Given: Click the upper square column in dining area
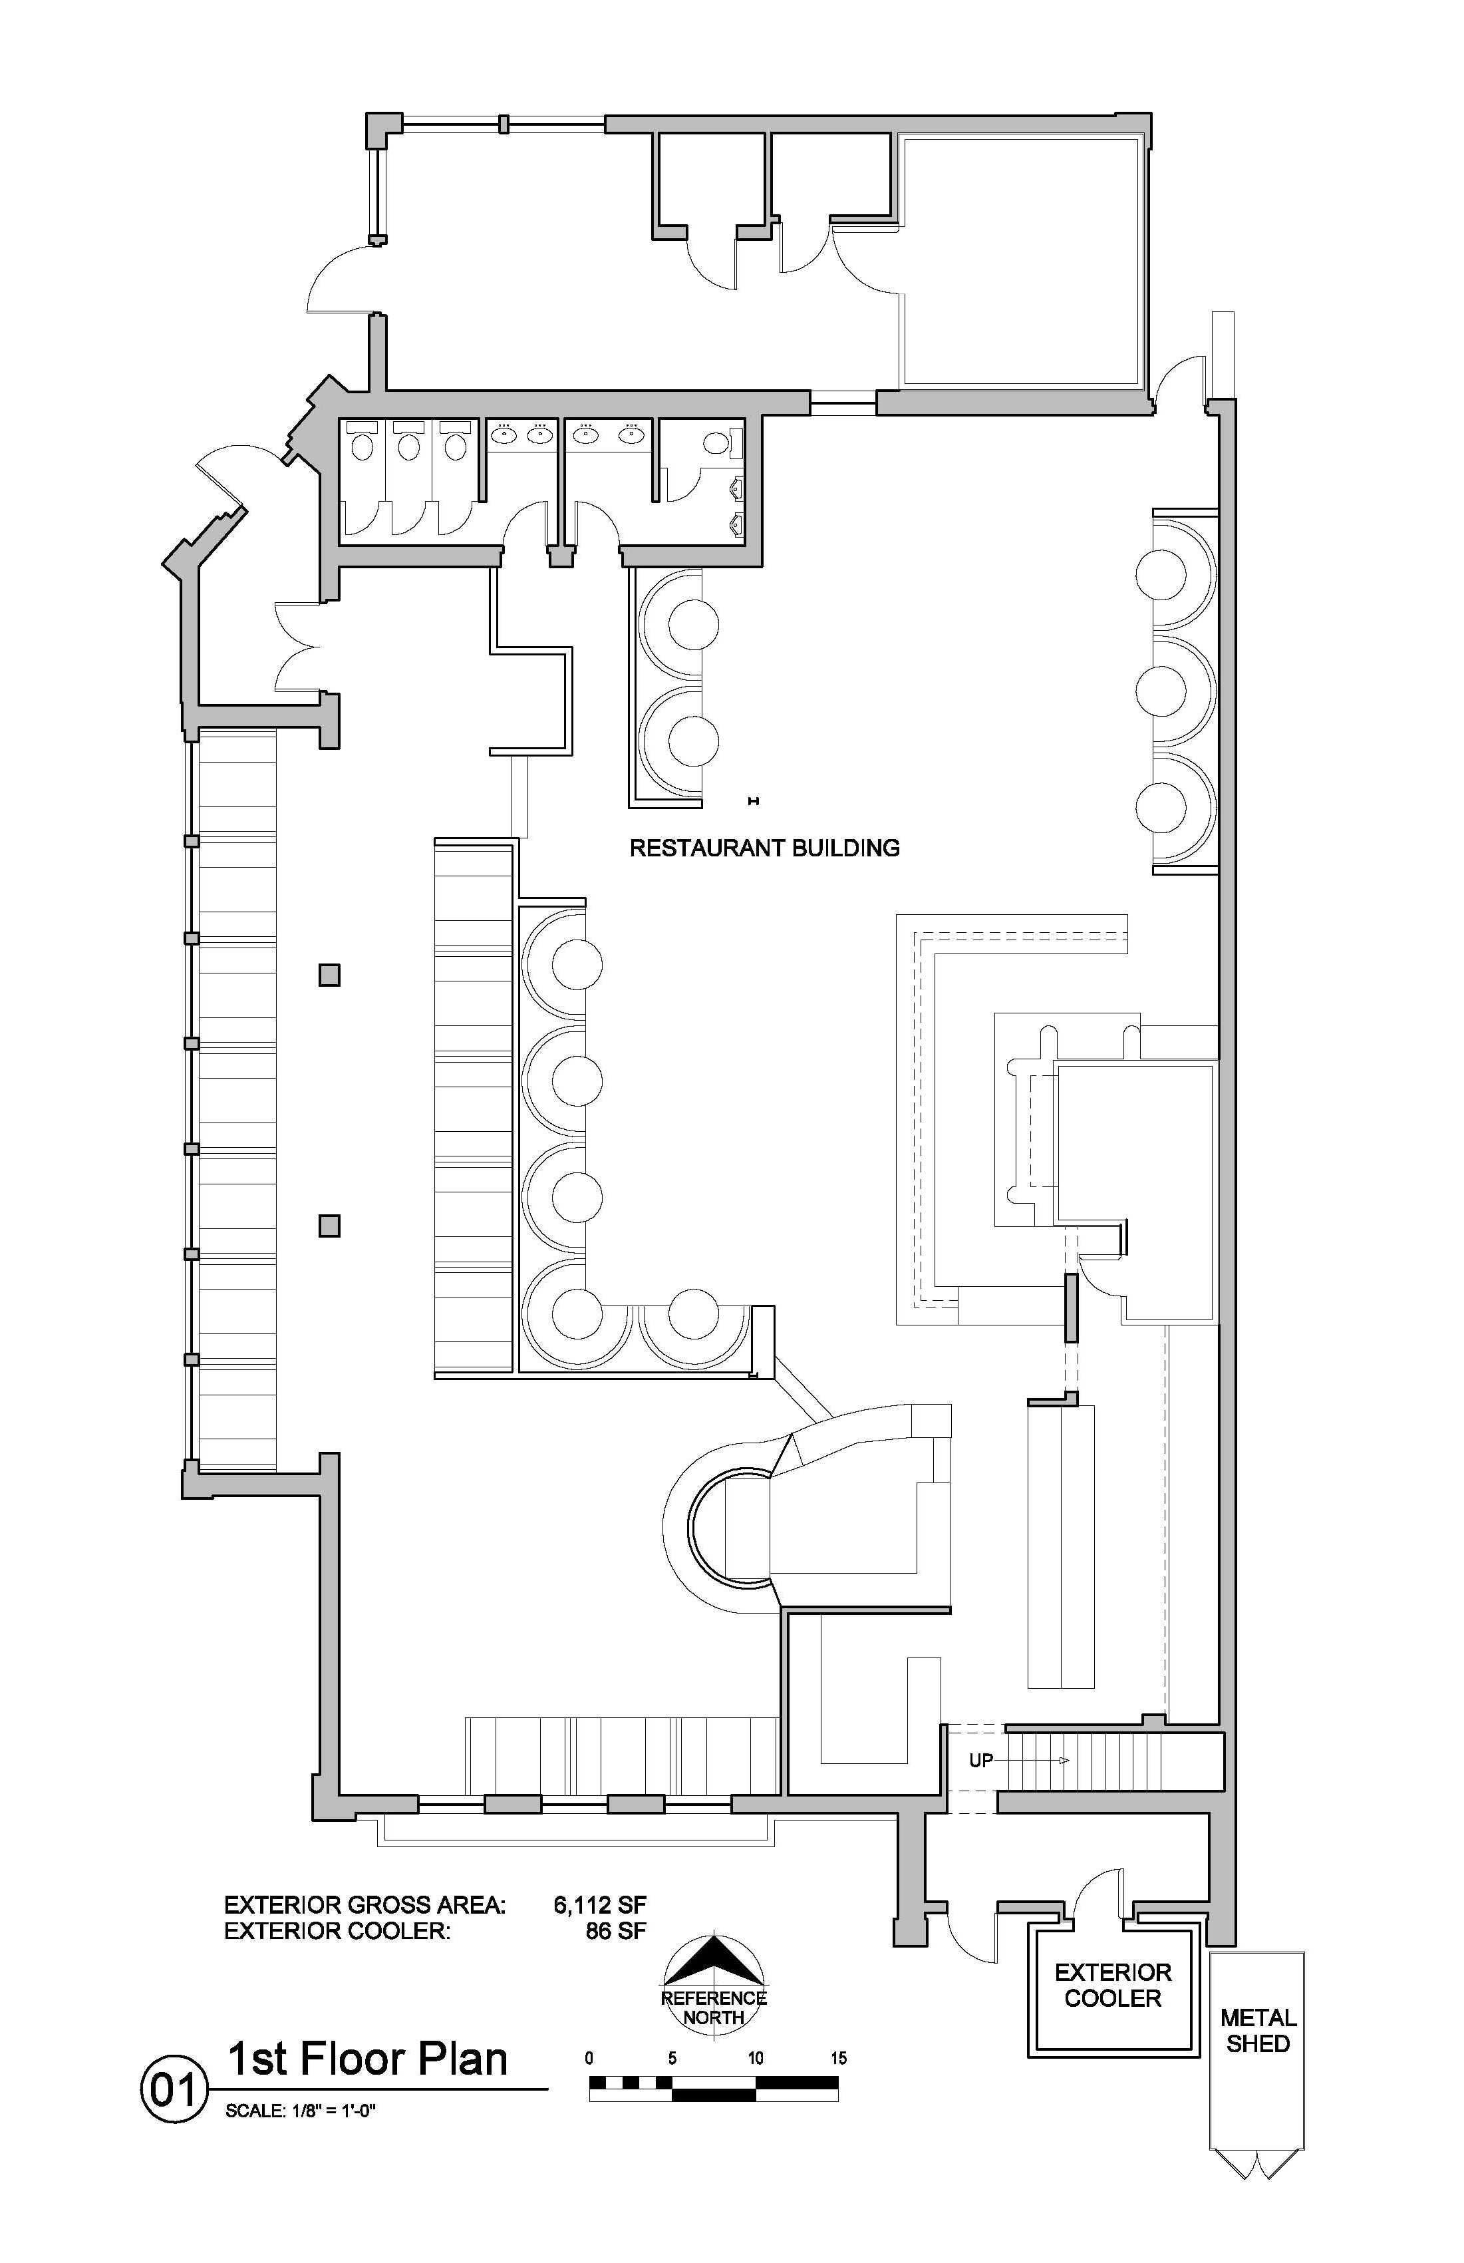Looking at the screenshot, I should pos(329,975).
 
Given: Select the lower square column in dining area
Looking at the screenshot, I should pos(329,1226).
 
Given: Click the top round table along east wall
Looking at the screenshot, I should pos(1161,574).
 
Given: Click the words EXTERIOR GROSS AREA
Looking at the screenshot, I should pos(365,1904).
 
